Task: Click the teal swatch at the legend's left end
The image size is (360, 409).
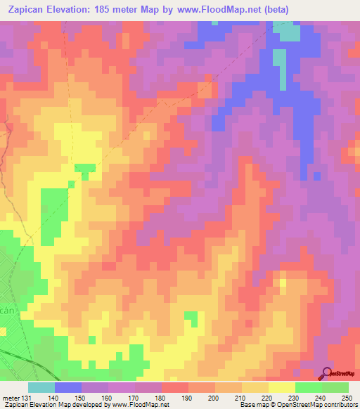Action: tap(41, 387)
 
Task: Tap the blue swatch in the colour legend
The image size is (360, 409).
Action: tap(67, 387)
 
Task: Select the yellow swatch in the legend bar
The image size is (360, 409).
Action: tap(281, 387)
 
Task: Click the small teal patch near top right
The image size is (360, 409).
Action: tap(286, 32)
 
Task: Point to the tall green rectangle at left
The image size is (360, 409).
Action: tap(51, 211)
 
